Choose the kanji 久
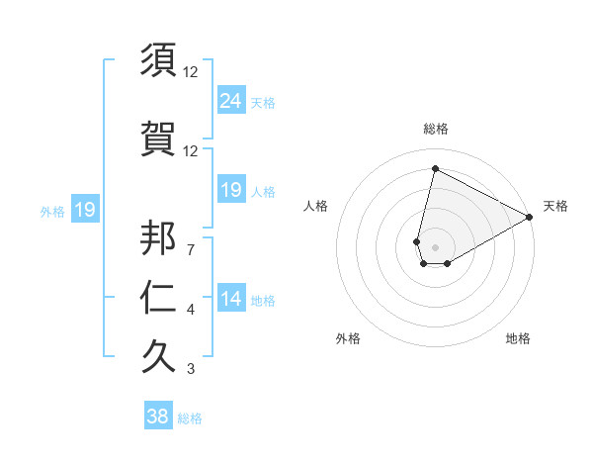click(159, 357)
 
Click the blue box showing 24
click(231, 101)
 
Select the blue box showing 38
click(158, 417)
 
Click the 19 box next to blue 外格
click(84, 210)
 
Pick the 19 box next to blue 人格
click(231, 190)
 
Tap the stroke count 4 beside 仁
click(191, 310)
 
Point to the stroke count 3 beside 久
click(191, 369)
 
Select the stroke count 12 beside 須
click(191, 72)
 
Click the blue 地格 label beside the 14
click(263, 301)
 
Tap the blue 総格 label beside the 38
click(190, 418)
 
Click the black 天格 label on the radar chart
click(555, 206)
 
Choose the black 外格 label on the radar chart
click(348, 338)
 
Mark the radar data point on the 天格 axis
click(530, 217)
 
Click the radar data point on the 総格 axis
click(434, 169)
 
